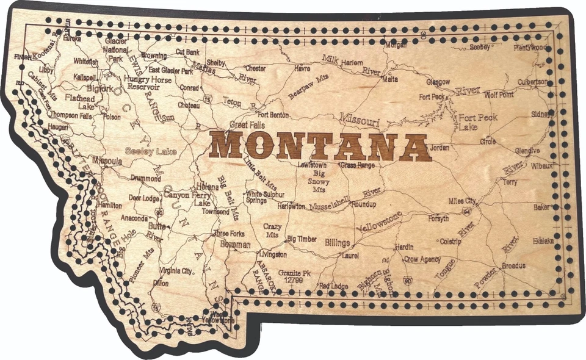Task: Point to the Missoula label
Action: pos(107,162)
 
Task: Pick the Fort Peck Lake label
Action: pos(478,122)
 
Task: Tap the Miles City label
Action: pos(462,201)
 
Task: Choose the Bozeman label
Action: pos(232,245)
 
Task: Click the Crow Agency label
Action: pos(422,259)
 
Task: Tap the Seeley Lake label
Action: pos(147,151)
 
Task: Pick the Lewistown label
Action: pos(312,165)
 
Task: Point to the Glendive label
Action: pos(527,151)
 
